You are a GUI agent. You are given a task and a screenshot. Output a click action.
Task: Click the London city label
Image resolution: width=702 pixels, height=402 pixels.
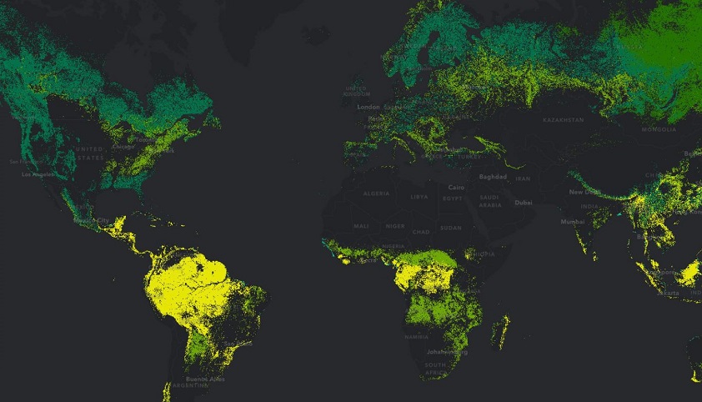368,107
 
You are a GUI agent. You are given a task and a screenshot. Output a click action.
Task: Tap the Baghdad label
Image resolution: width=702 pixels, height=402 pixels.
494,177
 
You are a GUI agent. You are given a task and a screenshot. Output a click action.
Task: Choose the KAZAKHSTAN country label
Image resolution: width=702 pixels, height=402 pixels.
563,120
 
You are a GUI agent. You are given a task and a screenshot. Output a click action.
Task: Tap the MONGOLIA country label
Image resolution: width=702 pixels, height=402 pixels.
658,130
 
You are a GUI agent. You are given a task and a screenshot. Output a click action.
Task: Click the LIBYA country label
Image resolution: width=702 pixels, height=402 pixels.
420,196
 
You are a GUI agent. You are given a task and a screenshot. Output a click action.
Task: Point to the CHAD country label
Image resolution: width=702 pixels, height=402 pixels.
421,231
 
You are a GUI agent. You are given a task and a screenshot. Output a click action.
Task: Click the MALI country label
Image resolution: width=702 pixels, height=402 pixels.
361,225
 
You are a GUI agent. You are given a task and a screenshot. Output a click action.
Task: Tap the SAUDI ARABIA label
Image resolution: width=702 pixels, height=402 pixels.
490,202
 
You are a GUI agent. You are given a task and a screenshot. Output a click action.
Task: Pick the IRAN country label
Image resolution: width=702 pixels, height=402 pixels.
523,178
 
